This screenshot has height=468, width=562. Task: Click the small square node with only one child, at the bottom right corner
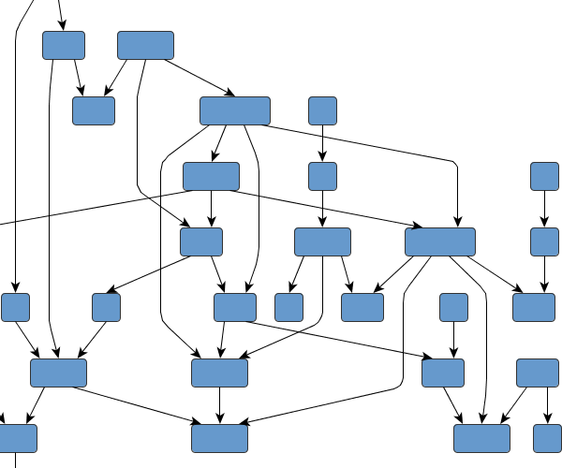pos(547,438)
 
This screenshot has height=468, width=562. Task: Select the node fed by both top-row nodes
pos(94,110)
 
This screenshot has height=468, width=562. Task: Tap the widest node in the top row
pos(145,45)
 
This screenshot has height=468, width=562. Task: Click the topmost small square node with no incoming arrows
pos(322,110)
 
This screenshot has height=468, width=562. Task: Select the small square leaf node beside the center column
pos(288,307)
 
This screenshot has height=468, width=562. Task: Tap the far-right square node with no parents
pos(544,176)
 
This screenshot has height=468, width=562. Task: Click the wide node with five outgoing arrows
pos(440,241)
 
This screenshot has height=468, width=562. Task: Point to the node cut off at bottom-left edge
pos(17,438)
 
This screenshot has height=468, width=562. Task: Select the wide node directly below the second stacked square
pos(322,241)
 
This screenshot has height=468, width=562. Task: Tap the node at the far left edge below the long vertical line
pos(16,307)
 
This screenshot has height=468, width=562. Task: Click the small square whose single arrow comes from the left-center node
pos(107,307)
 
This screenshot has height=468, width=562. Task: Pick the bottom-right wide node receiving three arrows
pos(481,438)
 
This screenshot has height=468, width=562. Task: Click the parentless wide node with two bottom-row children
pos(537,373)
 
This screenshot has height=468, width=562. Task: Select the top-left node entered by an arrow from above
pos(64,45)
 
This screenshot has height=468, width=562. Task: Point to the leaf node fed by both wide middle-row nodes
pos(362,307)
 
